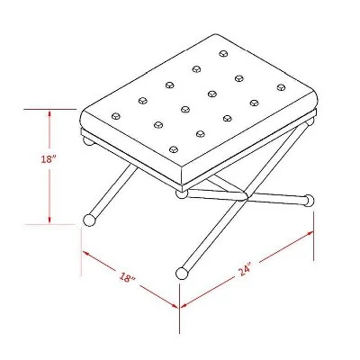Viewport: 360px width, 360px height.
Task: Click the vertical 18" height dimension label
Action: click(x=49, y=159)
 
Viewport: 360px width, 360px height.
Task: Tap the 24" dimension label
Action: click(x=246, y=269)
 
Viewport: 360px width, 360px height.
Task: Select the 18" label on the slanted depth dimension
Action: click(x=128, y=277)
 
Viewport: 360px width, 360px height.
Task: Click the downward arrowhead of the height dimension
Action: click(x=49, y=219)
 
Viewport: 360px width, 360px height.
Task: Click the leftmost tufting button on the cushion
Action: click(x=115, y=116)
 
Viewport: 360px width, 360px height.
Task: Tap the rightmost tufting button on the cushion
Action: click(x=281, y=87)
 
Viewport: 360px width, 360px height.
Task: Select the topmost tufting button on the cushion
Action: click(x=223, y=54)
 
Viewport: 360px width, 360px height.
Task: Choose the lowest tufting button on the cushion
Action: click(x=174, y=149)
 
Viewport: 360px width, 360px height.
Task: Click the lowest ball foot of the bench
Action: click(x=181, y=273)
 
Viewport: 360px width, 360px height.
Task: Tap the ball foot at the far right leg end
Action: click(x=309, y=200)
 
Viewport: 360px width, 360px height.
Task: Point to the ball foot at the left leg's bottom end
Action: click(x=89, y=220)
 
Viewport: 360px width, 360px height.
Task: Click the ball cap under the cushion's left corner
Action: click(x=87, y=141)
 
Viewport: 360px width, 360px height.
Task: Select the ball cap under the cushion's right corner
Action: click(x=310, y=121)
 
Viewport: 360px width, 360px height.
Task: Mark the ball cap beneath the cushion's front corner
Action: click(x=181, y=194)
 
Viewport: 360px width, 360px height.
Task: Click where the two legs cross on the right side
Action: click(x=247, y=196)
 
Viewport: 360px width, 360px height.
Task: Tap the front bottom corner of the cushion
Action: click(x=182, y=184)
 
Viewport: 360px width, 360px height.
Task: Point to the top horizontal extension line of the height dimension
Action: click(x=49, y=109)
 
